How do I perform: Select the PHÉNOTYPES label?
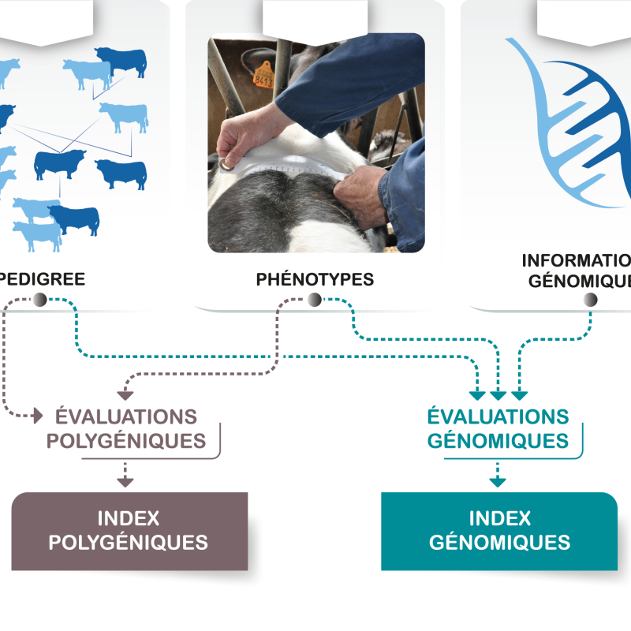315,279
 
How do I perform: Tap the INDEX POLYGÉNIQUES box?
129,531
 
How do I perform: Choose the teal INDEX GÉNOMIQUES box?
498,531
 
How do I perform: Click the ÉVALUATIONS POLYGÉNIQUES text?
126,428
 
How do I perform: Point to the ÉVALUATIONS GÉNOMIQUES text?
498,428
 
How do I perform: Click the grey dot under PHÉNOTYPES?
314,300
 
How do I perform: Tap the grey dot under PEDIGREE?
40,300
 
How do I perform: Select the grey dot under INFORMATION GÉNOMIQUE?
590,300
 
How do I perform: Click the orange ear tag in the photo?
264,74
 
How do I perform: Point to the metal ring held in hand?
228,164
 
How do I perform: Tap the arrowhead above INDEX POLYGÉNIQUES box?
125,480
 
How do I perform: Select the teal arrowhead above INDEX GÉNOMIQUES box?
497,480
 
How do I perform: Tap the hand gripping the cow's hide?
359,189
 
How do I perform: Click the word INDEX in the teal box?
499,518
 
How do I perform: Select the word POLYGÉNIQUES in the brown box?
129,543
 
